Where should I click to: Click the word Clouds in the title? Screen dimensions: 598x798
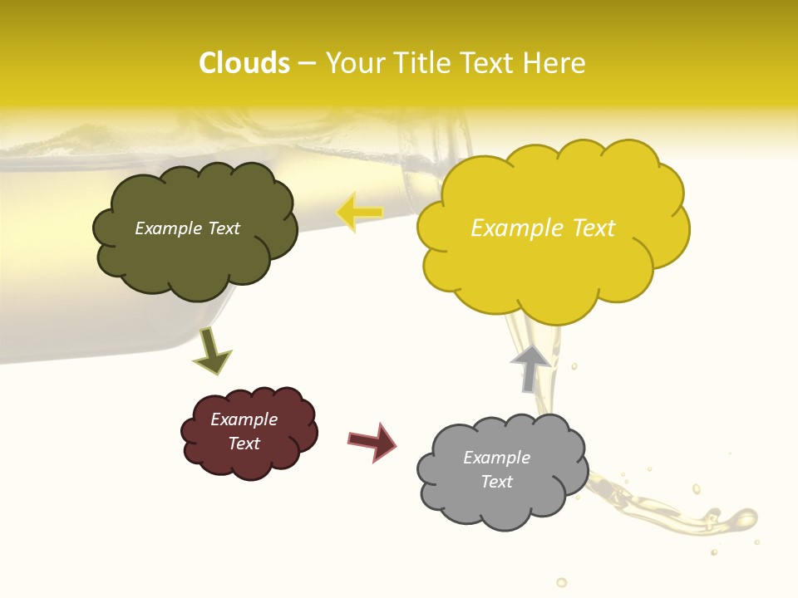point(244,63)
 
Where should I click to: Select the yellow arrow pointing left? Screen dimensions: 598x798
point(359,213)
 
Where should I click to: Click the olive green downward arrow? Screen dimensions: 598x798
point(211,351)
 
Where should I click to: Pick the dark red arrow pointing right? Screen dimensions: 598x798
point(373,441)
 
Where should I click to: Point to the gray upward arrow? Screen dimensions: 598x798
point(530,368)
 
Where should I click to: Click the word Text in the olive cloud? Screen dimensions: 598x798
point(224,228)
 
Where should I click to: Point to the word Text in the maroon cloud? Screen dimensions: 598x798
point(244,444)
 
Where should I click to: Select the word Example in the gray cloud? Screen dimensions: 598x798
point(496,458)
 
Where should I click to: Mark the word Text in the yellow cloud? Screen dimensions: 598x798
point(592,228)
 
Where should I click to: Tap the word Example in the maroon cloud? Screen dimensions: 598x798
point(244,419)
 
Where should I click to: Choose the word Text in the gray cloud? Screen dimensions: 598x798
point(496,482)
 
